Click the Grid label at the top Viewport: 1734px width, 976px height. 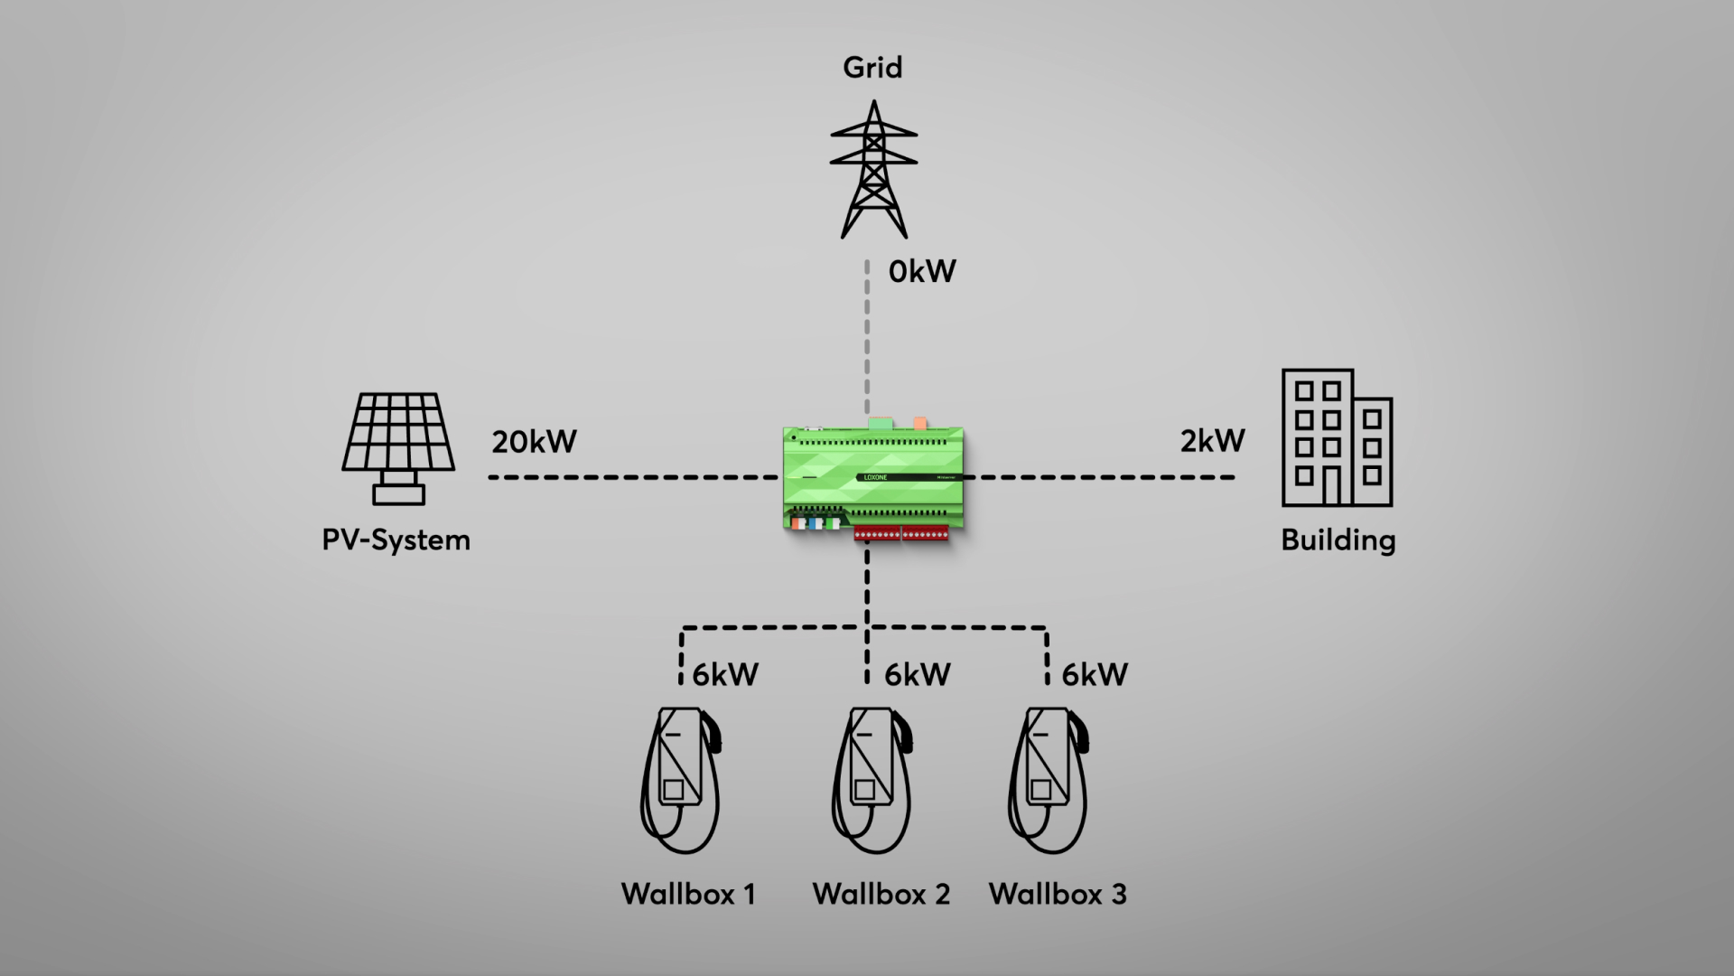(872, 68)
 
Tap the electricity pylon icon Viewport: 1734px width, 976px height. (873, 169)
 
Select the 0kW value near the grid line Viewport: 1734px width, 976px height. (922, 271)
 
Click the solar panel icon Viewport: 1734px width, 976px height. (398, 448)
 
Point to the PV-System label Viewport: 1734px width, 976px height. (396, 540)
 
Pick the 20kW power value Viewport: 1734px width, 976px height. (535, 442)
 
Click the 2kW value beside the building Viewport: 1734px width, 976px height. (1213, 441)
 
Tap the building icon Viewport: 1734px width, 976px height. (1338, 437)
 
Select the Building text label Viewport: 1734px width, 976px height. (1338, 540)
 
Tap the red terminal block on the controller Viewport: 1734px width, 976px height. (901, 534)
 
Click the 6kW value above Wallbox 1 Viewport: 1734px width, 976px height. (725, 674)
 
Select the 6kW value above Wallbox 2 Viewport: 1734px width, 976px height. (918, 674)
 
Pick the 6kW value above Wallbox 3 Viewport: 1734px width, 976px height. (1095, 674)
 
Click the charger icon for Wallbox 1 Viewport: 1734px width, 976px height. (681, 780)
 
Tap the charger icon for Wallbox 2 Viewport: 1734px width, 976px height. (872, 780)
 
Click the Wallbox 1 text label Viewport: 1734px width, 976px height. (688, 895)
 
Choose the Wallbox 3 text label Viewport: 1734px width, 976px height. (1058, 895)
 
